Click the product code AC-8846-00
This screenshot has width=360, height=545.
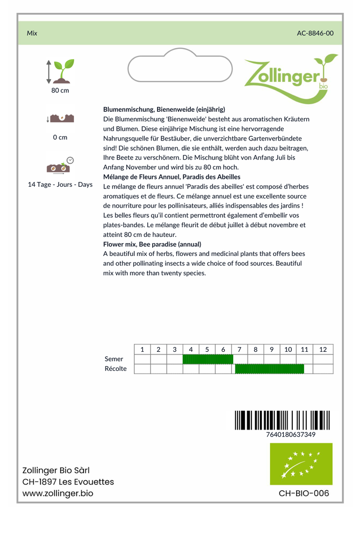pyautogui.click(x=315, y=33)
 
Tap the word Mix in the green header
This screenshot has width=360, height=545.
pyautogui.click(x=32, y=33)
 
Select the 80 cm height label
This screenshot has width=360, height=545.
pyautogui.click(x=60, y=90)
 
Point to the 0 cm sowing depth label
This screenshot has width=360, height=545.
pyautogui.click(x=60, y=137)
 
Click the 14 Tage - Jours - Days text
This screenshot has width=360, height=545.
pyautogui.click(x=60, y=185)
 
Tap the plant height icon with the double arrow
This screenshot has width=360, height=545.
pyautogui.click(x=60, y=71)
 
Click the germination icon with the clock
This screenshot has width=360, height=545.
pyautogui.click(x=60, y=166)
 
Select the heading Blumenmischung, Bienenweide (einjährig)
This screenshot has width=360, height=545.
pyautogui.click(x=164, y=109)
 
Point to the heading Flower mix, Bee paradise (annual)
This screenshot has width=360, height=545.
pyautogui.click(x=152, y=244)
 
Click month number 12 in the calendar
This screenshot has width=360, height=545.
pyautogui.click(x=323, y=349)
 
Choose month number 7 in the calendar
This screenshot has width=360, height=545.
pyautogui.click(x=239, y=349)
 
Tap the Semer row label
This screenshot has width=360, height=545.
pyautogui.click(x=114, y=359)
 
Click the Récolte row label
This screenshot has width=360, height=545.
pyautogui.click(x=116, y=369)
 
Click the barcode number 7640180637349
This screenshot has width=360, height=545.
pyautogui.click(x=291, y=434)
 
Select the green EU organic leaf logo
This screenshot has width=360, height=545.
pyautogui.click(x=301, y=464)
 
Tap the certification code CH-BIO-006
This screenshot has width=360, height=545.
pyautogui.click(x=304, y=493)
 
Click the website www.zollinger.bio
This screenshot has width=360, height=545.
pyautogui.click(x=58, y=493)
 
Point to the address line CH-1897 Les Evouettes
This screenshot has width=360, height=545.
pyautogui.click(x=68, y=482)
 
